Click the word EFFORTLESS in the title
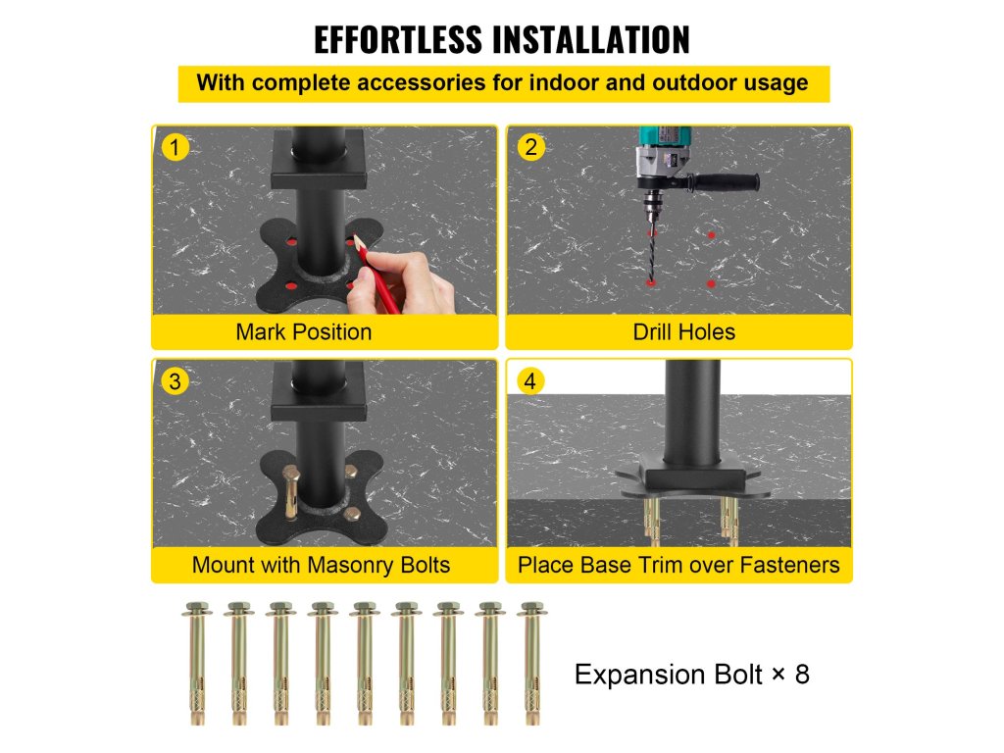coord(398,39)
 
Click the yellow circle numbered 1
coord(175,147)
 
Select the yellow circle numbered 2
coord(530,147)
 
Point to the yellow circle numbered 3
coord(175,381)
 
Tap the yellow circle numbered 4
coord(530,381)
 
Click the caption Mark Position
coord(304,332)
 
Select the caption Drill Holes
coord(683,332)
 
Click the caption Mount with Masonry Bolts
coord(321,566)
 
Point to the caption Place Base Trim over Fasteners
coord(678,566)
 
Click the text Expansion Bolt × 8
coord(691,675)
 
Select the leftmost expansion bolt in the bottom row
coord(197,663)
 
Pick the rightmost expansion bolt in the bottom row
coord(532,663)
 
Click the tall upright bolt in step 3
coord(291,491)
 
